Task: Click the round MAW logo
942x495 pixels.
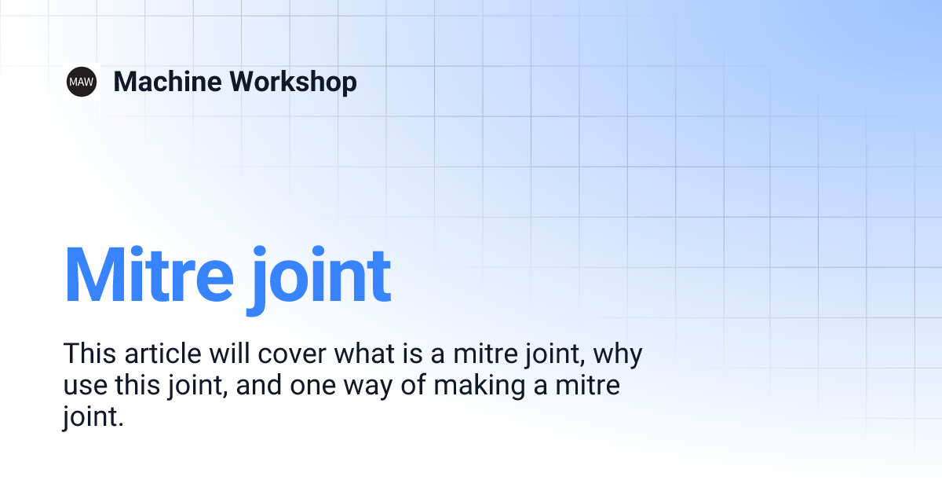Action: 82,81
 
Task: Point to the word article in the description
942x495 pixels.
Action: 162,354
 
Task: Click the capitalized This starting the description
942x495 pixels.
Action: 89,354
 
